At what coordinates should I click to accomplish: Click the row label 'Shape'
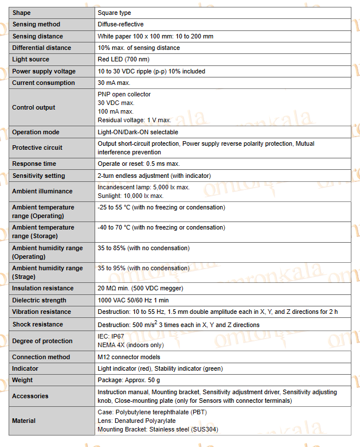click(22, 13)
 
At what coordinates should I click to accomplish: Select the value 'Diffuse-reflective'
click(120, 25)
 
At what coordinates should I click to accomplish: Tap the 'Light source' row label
click(31, 60)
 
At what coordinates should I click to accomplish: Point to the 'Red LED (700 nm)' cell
click(124, 60)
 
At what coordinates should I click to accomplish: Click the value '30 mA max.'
click(114, 83)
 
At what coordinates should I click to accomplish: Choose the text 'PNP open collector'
click(124, 94)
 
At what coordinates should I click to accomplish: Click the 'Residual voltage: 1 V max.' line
click(134, 120)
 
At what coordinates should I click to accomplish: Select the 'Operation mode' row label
click(36, 133)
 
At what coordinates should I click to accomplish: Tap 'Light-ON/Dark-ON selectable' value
click(138, 133)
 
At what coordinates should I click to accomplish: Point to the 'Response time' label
click(34, 164)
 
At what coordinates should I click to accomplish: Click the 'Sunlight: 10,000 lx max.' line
click(130, 196)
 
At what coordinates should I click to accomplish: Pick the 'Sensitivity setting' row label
click(38, 176)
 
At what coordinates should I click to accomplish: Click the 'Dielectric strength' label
click(39, 301)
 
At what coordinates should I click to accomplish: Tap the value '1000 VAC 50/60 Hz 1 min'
click(134, 301)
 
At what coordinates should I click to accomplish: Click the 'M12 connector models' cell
click(129, 357)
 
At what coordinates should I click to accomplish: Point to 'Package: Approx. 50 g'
click(129, 380)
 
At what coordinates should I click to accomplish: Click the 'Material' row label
click(24, 421)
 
